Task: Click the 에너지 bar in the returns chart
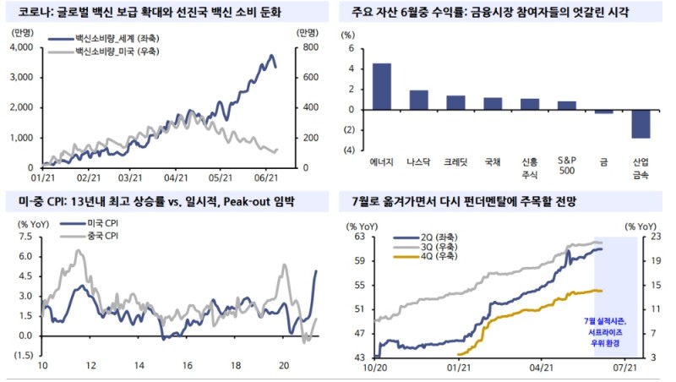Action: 381,86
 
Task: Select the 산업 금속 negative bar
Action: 641,124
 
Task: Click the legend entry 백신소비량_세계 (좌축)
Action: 124,41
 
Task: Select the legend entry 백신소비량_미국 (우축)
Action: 124,52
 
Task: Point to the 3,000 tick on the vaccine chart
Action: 20,77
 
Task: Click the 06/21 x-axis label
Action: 266,178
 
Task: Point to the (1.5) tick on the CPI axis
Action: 22,356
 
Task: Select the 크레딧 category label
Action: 456,161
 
